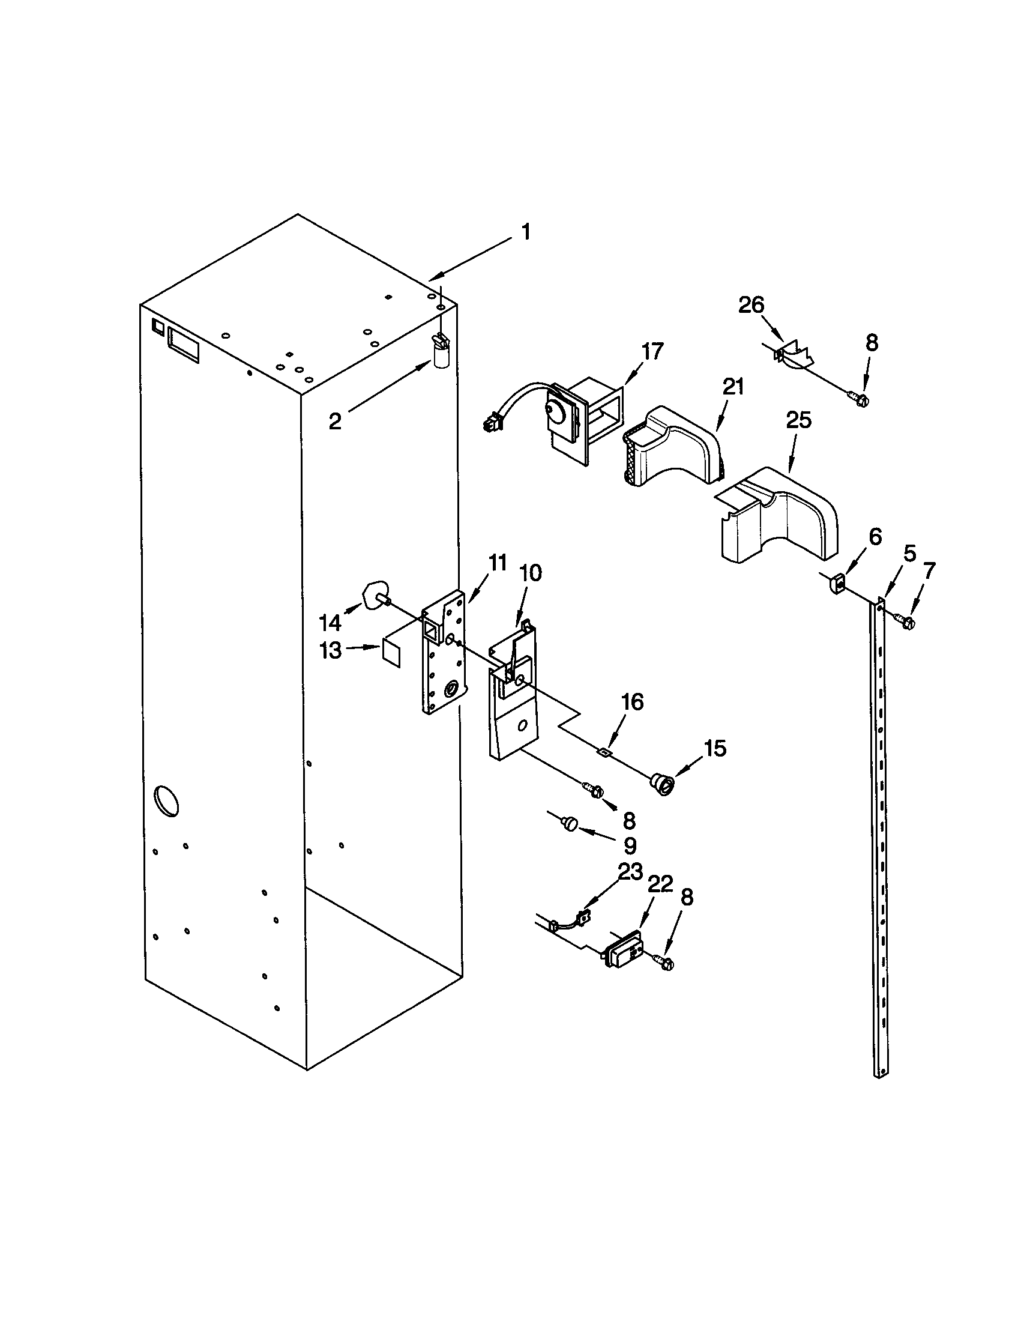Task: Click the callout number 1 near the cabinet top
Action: coord(526,232)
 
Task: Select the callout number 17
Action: coord(652,351)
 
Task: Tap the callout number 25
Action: coord(798,420)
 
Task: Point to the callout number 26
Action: coord(751,305)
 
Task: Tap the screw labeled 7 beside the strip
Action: coord(905,620)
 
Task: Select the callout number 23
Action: coord(630,873)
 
